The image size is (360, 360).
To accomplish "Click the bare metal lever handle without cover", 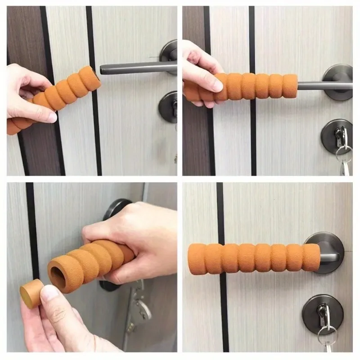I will [x=135, y=68].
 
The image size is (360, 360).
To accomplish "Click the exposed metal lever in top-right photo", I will [x=315, y=85].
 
